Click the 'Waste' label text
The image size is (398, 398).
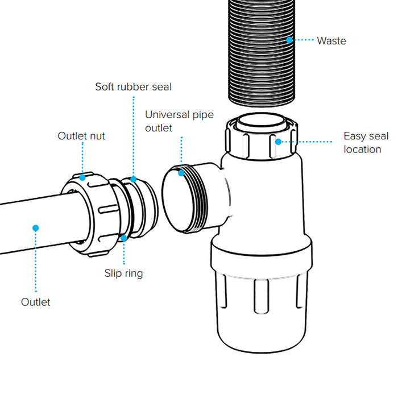[331, 40]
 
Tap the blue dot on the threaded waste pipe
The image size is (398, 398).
[289, 40]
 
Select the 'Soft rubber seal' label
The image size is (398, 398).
[133, 87]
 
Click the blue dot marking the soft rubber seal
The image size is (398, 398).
[134, 179]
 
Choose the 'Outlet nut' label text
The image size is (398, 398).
[81, 136]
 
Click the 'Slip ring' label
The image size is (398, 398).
[123, 273]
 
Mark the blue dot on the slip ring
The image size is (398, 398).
[123, 238]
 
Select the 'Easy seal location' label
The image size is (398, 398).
[366, 143]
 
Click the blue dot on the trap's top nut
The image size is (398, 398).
[278, 141]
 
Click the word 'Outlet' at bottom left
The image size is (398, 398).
[35, 302]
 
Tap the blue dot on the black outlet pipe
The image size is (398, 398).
[35, 228]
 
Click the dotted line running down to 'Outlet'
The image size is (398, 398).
[35, 262]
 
